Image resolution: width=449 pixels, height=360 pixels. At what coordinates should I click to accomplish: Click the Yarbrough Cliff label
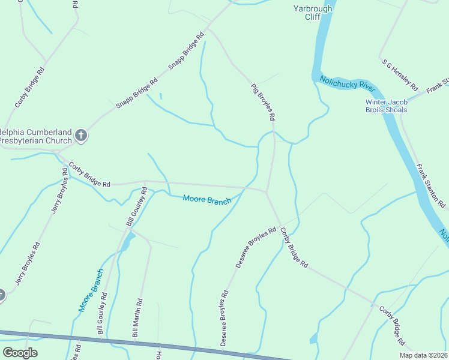coord(313,13)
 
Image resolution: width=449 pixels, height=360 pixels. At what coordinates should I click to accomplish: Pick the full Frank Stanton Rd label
coord(431,185)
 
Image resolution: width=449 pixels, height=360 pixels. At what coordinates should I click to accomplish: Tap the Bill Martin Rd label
coord(137,322)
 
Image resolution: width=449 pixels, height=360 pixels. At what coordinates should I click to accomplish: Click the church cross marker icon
coord(82,136)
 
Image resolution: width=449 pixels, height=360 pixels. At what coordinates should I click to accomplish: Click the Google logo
coord(20,353)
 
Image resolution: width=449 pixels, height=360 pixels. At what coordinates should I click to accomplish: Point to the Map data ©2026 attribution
coord(424,355)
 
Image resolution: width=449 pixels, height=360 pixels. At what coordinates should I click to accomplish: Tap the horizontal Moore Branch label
coord(207,199)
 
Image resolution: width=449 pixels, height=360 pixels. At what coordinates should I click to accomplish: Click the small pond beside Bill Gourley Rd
coord(127,241)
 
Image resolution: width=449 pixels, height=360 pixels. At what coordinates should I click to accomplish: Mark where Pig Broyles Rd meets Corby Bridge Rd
coord(267,193)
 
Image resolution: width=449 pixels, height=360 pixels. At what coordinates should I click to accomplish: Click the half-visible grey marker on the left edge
coord(2,295)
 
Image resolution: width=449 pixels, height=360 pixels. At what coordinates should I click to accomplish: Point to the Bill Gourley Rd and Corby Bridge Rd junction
coord(145,181)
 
